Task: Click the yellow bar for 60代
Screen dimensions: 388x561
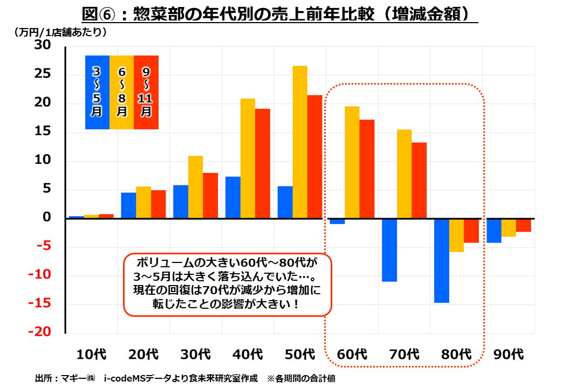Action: pos(352,162)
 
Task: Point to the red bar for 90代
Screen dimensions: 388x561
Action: pos(523,225)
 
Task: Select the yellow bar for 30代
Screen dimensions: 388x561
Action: pos(195,187)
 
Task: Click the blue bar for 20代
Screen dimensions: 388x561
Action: pos(128,205)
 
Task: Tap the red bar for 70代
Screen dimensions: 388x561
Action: pos(419,180)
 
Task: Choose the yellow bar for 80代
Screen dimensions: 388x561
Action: pos(456,235)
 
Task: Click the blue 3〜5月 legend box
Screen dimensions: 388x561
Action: pos(97,92)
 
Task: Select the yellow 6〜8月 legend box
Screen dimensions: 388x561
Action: pos(122,92)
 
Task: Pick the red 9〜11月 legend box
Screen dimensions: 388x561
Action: pos(146,92)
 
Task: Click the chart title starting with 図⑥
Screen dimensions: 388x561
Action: pos(280,12)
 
